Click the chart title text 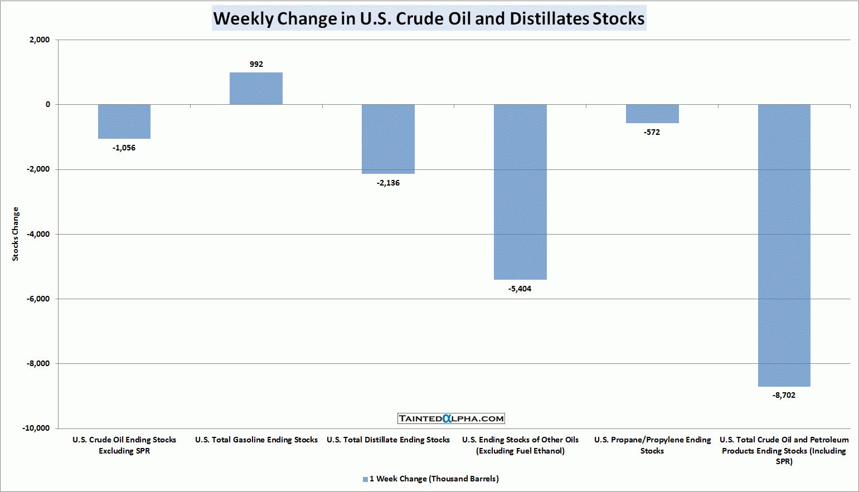pyautogui.click(x=429, y=18)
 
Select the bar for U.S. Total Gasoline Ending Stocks pyautogui.click(x=256, y=89)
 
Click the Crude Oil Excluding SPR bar pyautogui.click(x=124, y=121)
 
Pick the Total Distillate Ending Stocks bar pyautogui.click(x=388, y=139)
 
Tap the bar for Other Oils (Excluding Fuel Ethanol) pyautogui.click(x=520, y=192)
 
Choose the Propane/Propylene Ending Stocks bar pyautogui.click(x=652, y=114)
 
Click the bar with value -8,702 pyautogui.click(x=784, y=245)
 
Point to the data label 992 pyautogui.click(x=256, y=64)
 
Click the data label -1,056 pyautogui.click(x=124, y=148)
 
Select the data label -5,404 pyautogui.click(x=520, y=289)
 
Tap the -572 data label pyautogui.click(x=652, y=132)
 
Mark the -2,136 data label pyautogui.click(x=388, y=183)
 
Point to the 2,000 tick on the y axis pyautogui.click(x=40, y=40)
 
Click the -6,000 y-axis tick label pyautogui.click(x=38, y=299)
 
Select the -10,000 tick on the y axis pyautogui.click(x=36, y=428)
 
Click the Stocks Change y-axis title pyautogui.click(x=16, y=234)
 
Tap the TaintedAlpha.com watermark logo pyautogui.click(x=451, y=418)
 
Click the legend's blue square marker pyautogui.click(x=365, y=479)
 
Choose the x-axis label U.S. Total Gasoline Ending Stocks pyautogui.click(x=256, y=440)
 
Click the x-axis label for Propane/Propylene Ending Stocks pyautogui.click(x=652, y=445)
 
